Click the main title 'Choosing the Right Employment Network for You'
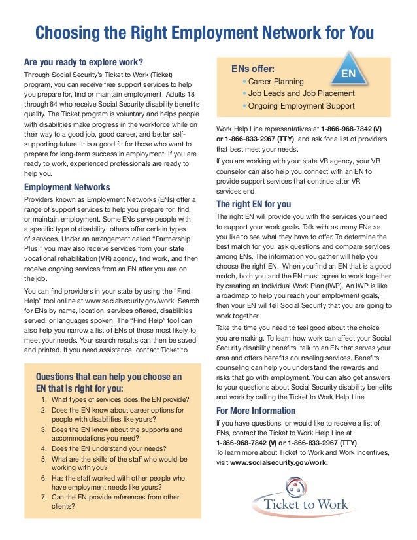point(204,33)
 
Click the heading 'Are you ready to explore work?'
point(83,62)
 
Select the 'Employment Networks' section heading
point(67,188)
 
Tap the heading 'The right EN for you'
point(254,203)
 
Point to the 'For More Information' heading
point(256,411)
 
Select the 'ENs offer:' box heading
point(253,69)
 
